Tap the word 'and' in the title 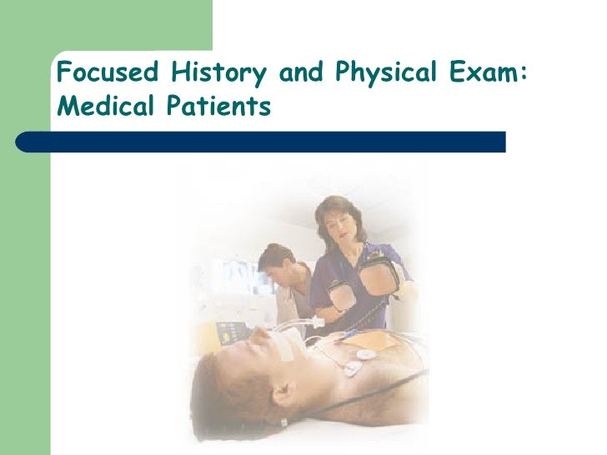pos(301,75)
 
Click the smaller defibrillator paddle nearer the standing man pos(340,295)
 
